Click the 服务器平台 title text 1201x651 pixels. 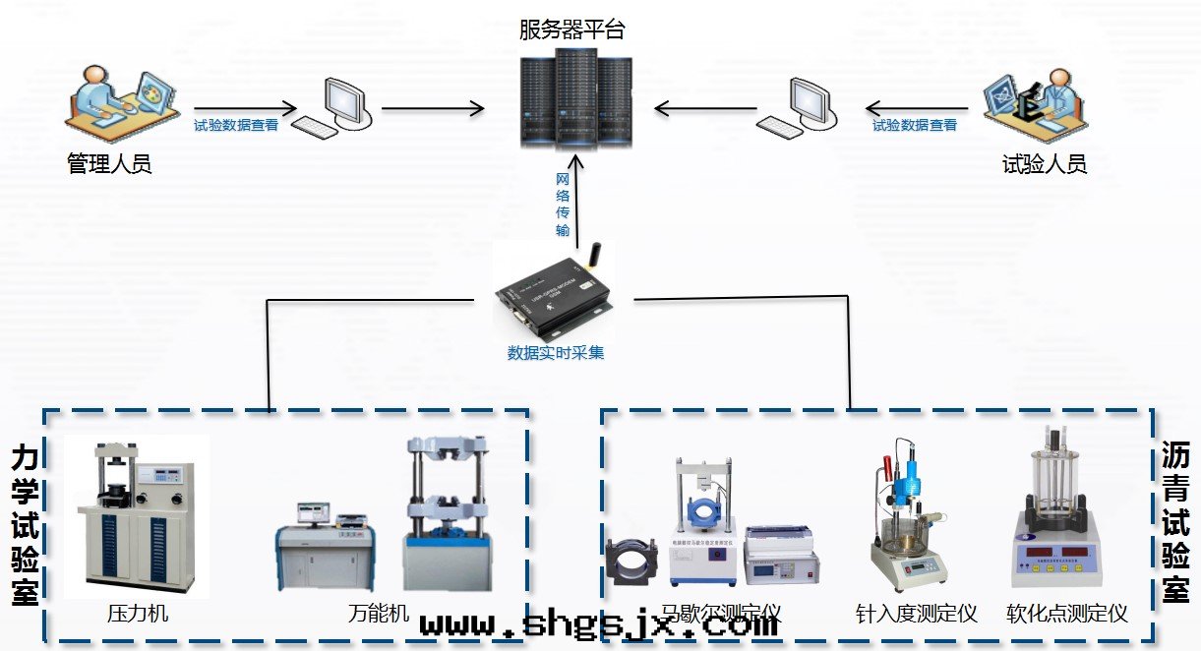[x=571, y=30]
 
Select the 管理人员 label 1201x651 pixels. [x=109, y=163]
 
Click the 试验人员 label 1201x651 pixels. [x=1044, y=163]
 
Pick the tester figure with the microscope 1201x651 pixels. [x=1037, y=99]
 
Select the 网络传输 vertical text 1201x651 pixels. [x=563, y=205]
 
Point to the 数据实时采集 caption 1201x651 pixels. [x=556, y=352]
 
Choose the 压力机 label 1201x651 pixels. [x=138, y=615]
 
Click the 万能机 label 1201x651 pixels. [x=379, y=615]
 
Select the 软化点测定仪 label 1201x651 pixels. [x=1067, y=615]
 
